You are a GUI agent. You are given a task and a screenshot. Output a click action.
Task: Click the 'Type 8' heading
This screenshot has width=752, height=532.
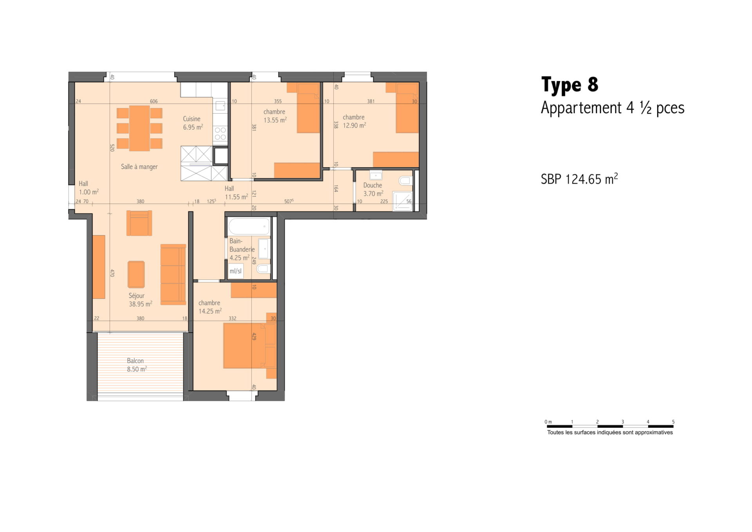569,85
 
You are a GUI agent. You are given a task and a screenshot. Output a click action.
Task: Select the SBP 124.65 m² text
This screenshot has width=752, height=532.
579,179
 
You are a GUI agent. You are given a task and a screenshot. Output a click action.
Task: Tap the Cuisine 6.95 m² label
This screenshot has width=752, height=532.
193,123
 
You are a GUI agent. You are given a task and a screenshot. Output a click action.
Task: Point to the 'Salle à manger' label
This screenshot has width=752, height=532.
139,166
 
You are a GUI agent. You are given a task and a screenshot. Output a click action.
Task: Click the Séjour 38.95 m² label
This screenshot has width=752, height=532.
140,300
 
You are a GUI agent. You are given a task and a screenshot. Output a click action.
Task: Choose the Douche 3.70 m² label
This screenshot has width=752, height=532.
373,189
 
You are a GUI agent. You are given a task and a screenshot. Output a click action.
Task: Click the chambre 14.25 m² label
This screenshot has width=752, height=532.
210,307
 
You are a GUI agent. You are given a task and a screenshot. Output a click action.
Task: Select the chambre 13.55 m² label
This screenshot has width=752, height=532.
275,116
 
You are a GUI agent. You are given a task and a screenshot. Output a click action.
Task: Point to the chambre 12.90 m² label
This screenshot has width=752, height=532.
354,121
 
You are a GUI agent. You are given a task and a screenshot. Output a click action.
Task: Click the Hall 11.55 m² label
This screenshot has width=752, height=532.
236,193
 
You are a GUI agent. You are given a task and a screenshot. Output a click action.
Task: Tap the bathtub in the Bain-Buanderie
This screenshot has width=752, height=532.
249,227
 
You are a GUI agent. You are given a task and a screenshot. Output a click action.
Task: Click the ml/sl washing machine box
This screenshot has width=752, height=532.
236,271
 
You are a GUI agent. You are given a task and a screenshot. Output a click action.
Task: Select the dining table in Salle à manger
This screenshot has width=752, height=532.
139,128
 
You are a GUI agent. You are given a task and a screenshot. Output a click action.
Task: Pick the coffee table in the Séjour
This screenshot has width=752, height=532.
136,275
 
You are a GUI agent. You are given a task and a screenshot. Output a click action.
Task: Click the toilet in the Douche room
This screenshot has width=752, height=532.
405,181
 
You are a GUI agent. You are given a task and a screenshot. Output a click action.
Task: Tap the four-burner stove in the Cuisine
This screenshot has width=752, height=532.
220,133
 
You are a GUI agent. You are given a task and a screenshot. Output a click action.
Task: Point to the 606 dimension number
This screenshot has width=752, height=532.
154,101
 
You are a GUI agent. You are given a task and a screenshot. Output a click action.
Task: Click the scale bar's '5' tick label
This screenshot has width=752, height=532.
673,422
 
